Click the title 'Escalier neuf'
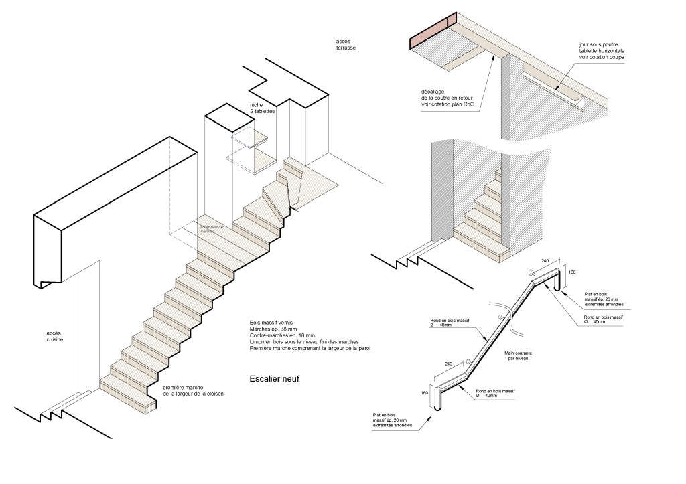click(273, 379)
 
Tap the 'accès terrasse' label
click(346, 45)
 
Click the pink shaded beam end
click(433, 31)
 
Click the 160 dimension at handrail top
click(571, 272)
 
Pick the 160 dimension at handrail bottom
click(424, 393)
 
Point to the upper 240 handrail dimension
click(544, 260)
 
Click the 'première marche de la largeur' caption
click(193, 391)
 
